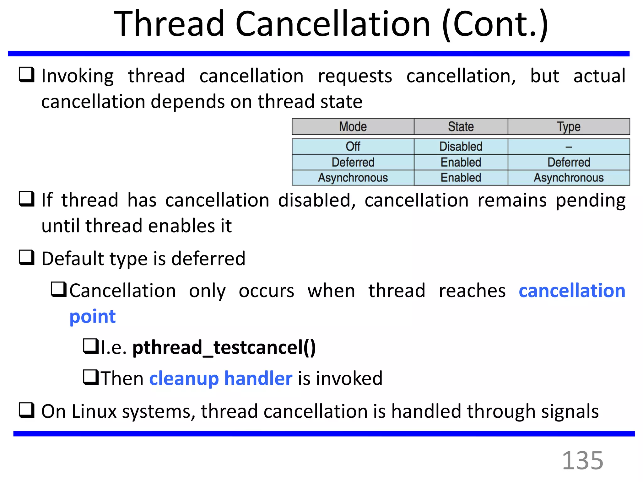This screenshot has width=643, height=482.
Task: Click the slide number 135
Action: (x=582, y=460)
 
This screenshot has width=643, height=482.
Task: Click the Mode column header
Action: (x=353, y=127)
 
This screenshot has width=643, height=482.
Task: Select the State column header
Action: (x=461, y=127)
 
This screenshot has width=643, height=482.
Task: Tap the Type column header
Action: (x=569, y=127)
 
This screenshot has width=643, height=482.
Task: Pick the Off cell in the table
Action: (x=353, y=147)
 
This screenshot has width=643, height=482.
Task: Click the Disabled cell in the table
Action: (x=461, y=147)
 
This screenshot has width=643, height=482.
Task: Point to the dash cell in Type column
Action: (x=569, y=147)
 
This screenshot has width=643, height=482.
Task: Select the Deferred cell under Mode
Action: (x=353, y=162)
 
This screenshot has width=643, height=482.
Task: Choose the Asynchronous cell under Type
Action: (x=569, y=178)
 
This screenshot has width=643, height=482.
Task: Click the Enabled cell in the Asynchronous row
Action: (x=461, y=178)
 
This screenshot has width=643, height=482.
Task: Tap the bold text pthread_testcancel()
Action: (x=224, y=347)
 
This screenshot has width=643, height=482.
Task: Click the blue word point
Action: (x=93, y=316)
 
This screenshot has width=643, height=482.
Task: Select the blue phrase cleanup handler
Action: (x=221, y=378)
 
